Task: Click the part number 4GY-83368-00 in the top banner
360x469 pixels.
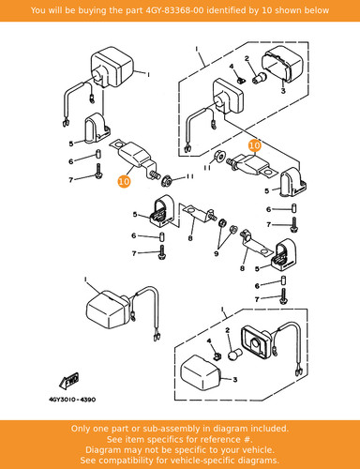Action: (175, 10)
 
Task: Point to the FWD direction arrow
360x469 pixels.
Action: (68, 381)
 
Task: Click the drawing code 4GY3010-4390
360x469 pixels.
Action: (72, 400)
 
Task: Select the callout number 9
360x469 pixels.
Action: (217, 253)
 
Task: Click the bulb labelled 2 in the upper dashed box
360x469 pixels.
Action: (259, 78)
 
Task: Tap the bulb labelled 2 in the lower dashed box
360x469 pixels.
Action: (233, 356)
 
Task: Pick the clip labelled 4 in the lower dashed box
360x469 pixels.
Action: (217, 356)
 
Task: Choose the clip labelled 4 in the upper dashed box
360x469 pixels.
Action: (240, 80)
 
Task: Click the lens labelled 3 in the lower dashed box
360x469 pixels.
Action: (201, 371)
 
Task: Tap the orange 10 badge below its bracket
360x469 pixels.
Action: (124, 181)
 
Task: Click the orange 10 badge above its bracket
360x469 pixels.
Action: (255, 145)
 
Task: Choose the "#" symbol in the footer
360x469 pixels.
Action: (247, 440)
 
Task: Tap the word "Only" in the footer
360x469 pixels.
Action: (81, 429)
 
